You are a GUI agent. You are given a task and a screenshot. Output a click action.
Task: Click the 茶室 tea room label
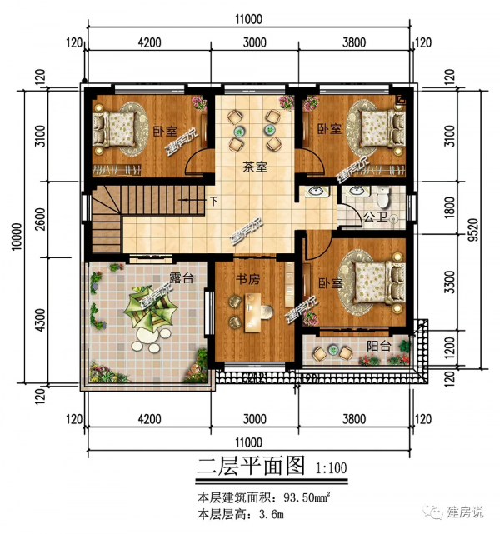click(255, 167)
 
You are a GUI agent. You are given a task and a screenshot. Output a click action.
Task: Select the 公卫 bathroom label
click(374, 218)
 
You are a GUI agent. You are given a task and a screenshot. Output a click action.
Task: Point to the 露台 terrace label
click(182, 278)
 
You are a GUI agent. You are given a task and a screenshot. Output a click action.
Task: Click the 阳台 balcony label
click(380, 345)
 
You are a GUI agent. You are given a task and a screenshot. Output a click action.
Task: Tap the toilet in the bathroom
click(382, 197)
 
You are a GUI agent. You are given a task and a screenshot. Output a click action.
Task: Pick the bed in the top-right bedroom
click(379, 129)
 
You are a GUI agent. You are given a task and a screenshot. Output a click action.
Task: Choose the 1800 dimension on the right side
click(450, 212)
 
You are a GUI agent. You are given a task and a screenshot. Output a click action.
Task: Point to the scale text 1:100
click(332, 468)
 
